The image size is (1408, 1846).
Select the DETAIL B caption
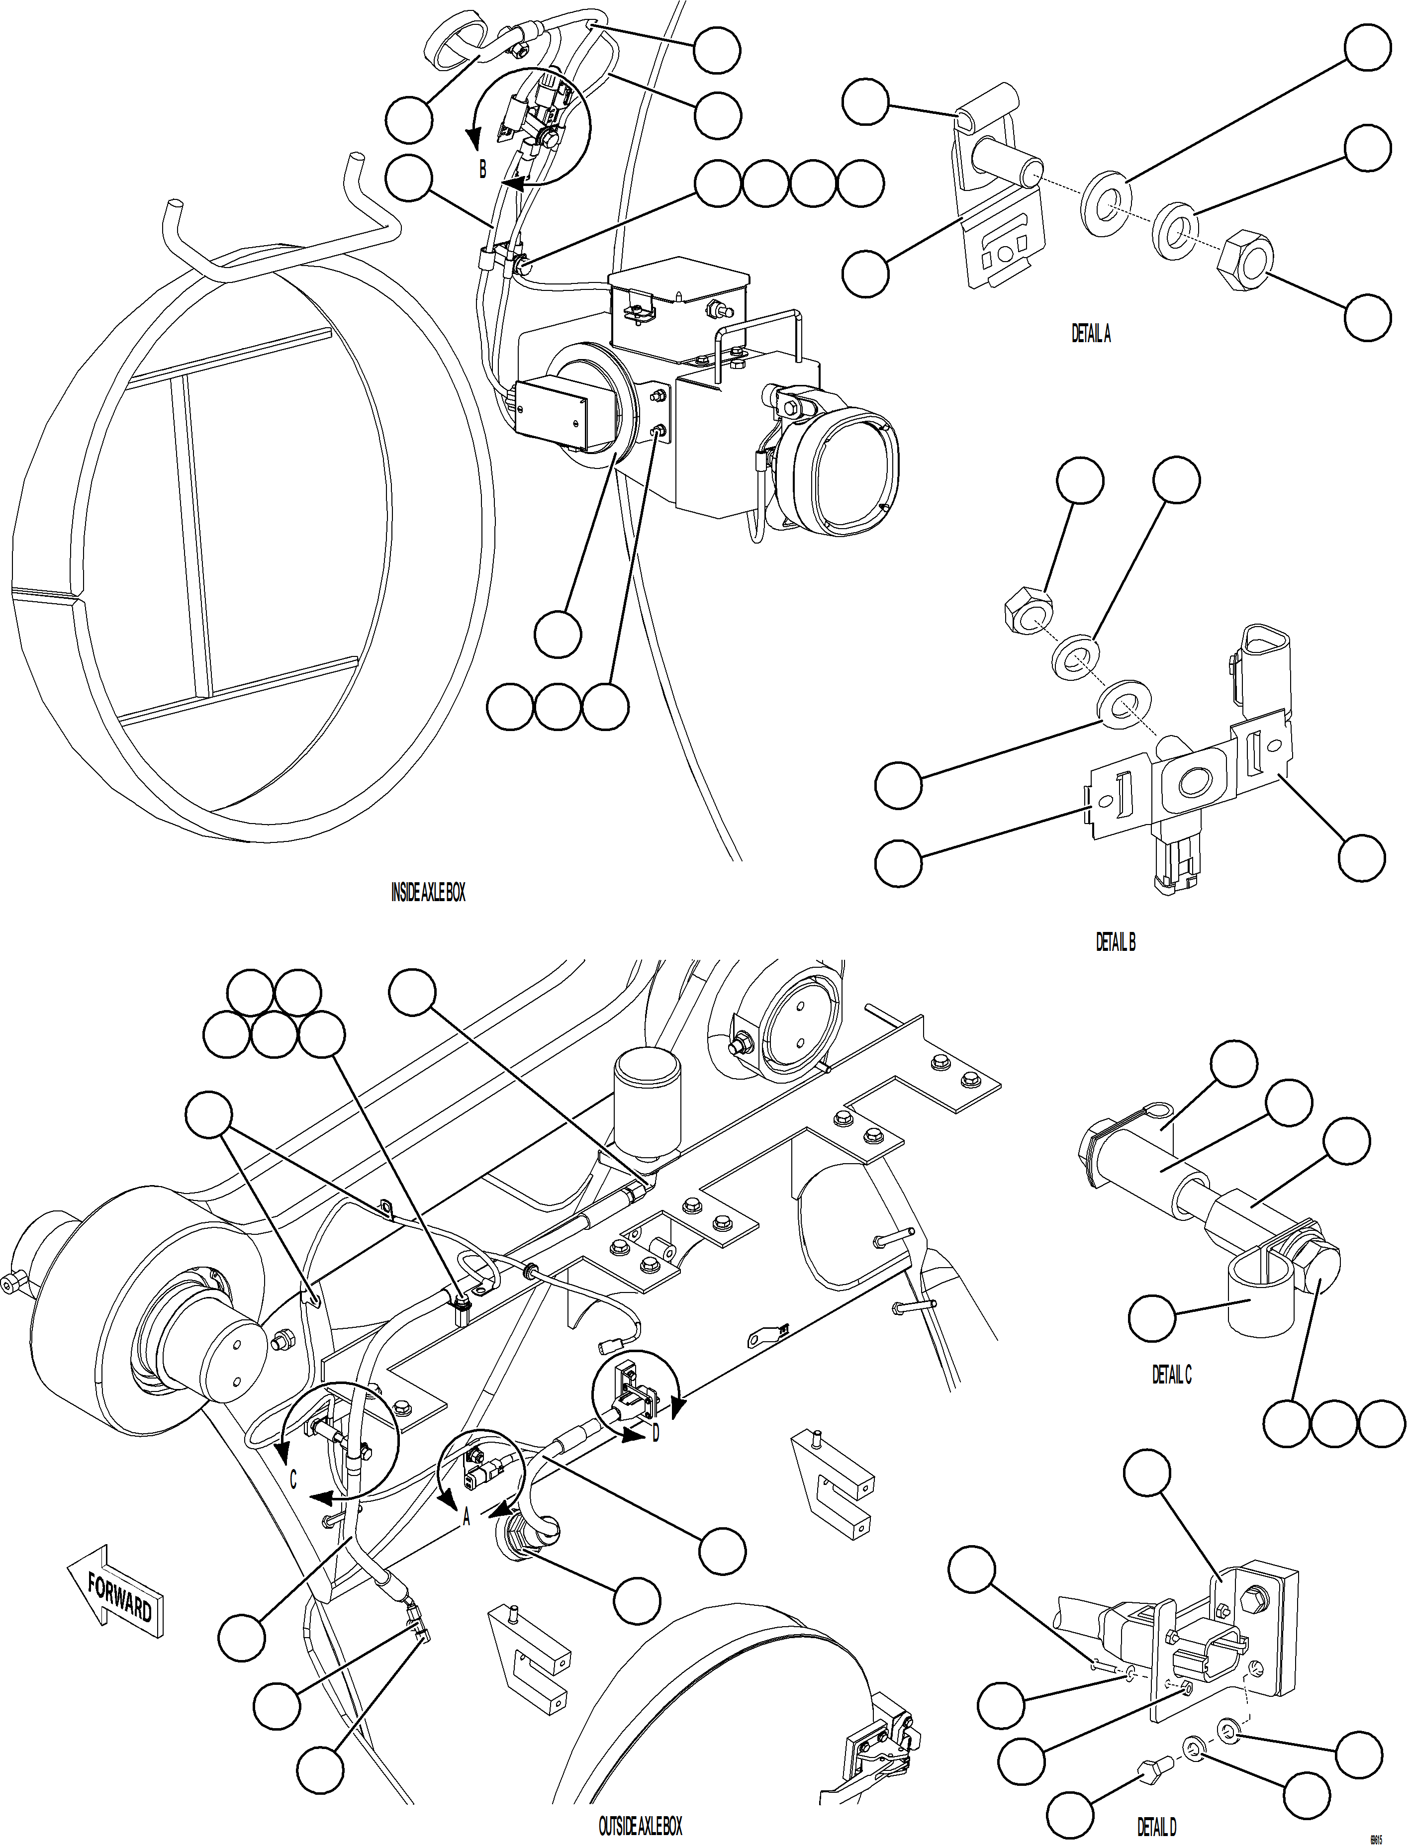click(1116, 942)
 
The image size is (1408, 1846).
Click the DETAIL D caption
click(1156, 1827)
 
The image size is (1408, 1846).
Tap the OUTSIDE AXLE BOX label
click(640, 1827)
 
